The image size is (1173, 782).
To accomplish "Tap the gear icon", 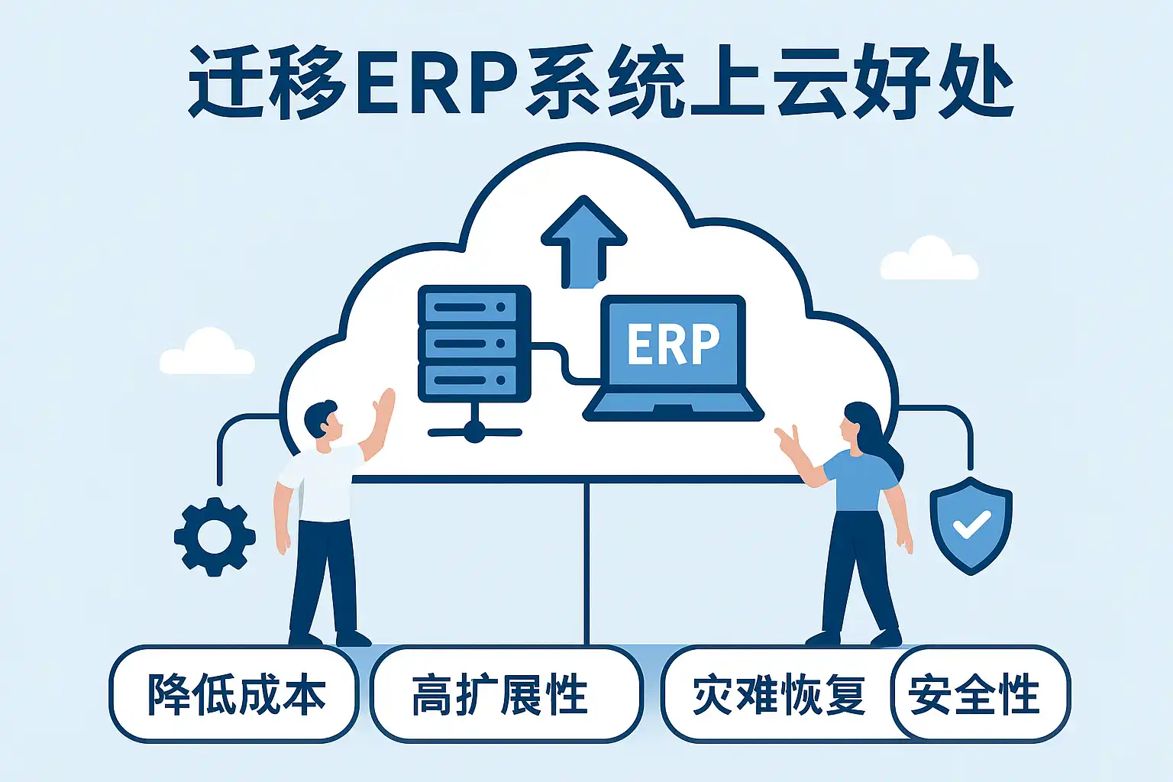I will (x=215, y=536).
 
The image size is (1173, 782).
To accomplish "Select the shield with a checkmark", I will (x=971, y=525).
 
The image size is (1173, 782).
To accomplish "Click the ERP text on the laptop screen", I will (x=673, y=344).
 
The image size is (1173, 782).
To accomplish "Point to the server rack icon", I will (x=474, y=343).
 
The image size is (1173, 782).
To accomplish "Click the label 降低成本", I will (x=235, y=694).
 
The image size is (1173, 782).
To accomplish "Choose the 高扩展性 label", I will (x=500, y=694).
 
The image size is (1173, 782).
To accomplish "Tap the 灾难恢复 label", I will (x=778, y=694).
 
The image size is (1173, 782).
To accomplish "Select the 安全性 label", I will (x=975, y=694).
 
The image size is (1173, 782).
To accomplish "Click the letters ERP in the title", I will (x=435, y=82).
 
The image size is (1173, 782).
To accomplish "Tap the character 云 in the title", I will (x=813, y=82).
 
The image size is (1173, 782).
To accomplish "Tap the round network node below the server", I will (x=474, y=432).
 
